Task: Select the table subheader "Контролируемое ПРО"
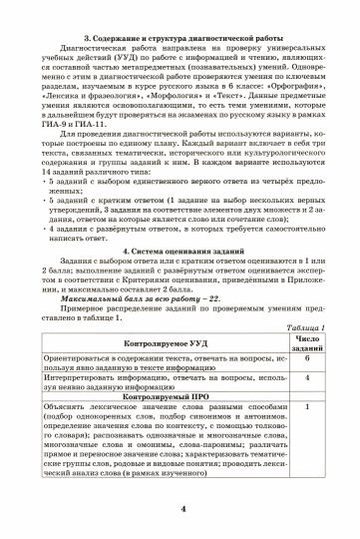click(163, 368)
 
